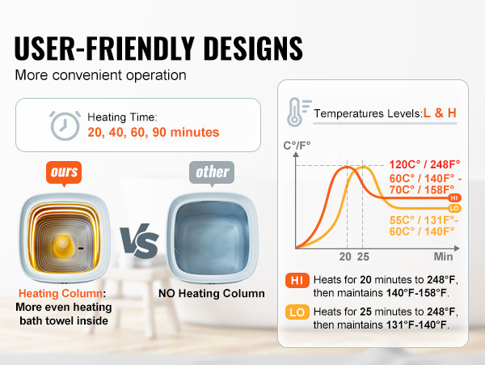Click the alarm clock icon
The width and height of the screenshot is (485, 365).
click(65, 125)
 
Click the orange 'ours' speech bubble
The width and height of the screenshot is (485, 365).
click(64, 173)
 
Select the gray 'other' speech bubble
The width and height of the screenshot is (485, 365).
click(212, 173)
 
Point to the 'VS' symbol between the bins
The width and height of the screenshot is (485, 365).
click(140, 240)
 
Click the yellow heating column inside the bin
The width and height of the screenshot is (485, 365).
click(64, 246)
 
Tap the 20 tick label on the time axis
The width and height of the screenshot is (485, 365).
click(345, 257)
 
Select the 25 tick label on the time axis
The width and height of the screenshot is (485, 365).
click(363, 257)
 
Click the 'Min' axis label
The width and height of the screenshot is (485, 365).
click(443, 257)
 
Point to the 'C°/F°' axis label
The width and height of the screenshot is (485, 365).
click(297, 145)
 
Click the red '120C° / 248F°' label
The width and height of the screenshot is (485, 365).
click(424, 164)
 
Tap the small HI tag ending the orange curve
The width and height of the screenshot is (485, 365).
click(454, 197)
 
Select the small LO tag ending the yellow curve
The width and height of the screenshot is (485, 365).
click(454, 208)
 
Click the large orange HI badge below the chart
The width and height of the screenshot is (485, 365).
click(297, 281)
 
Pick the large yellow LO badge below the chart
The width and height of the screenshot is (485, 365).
click(297, 312)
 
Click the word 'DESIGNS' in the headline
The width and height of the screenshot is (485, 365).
click(253, 48)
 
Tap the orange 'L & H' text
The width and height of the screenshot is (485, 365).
click(440, 113)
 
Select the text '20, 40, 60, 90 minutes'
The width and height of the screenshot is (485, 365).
click(154, 132)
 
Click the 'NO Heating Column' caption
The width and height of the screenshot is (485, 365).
click(212, 293)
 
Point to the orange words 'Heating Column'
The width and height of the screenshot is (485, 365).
click(61, 293)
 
